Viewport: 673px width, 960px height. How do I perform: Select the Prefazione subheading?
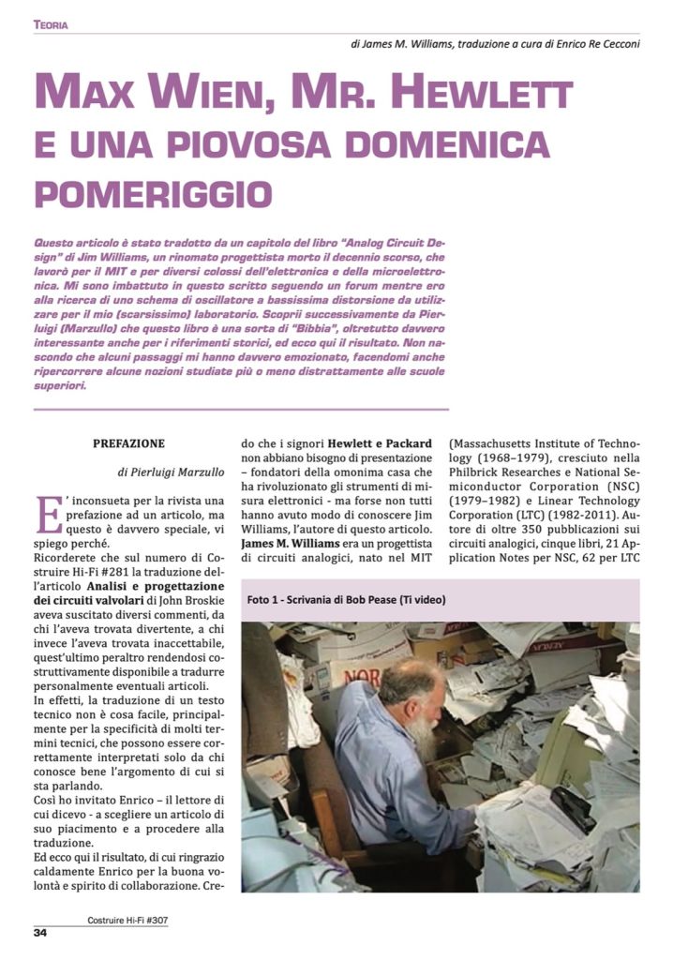coord(129,442)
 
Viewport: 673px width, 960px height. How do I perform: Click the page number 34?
coord(41,932)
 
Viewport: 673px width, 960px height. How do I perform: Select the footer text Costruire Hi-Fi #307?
coord(122,921)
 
